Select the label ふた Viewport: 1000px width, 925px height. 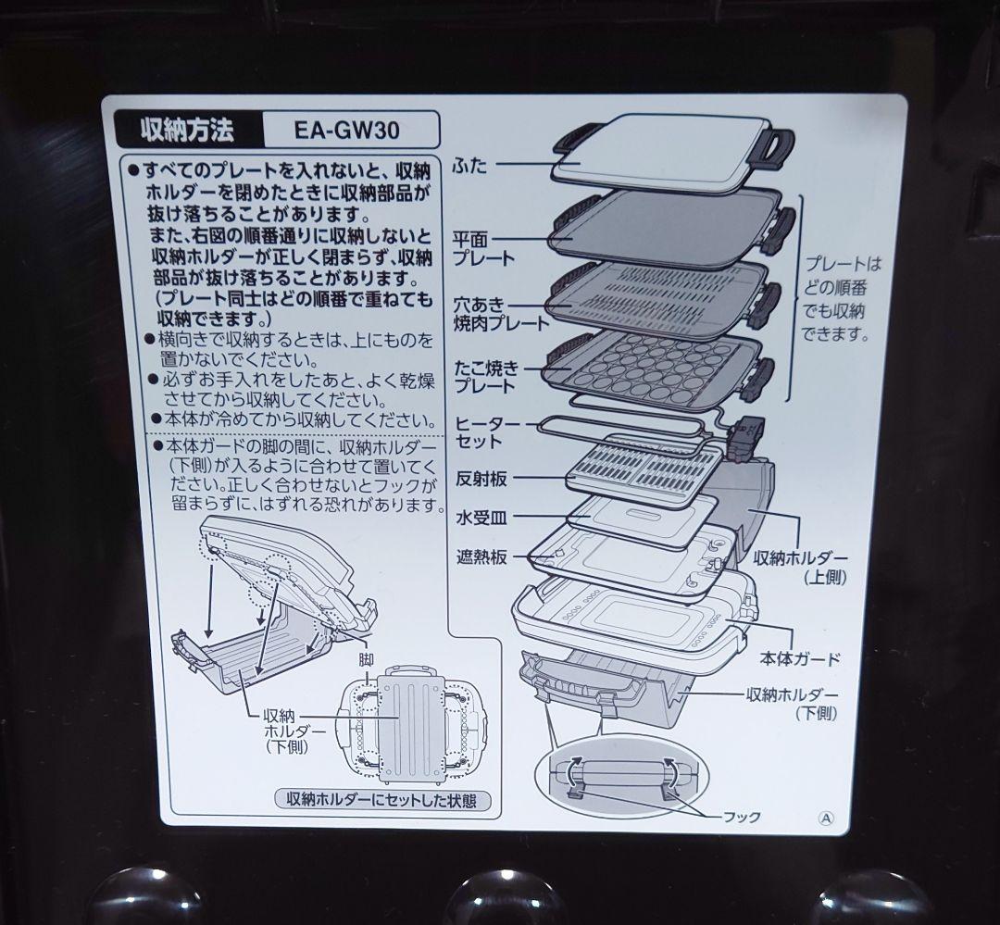[469, 167]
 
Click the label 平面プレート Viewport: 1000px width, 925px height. [482, 248]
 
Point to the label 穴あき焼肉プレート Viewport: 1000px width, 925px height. [500, 313]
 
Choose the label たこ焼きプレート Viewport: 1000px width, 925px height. [485, 377]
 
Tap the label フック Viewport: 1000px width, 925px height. [743, 817]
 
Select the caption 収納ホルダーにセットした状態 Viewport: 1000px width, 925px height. [382, 799]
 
